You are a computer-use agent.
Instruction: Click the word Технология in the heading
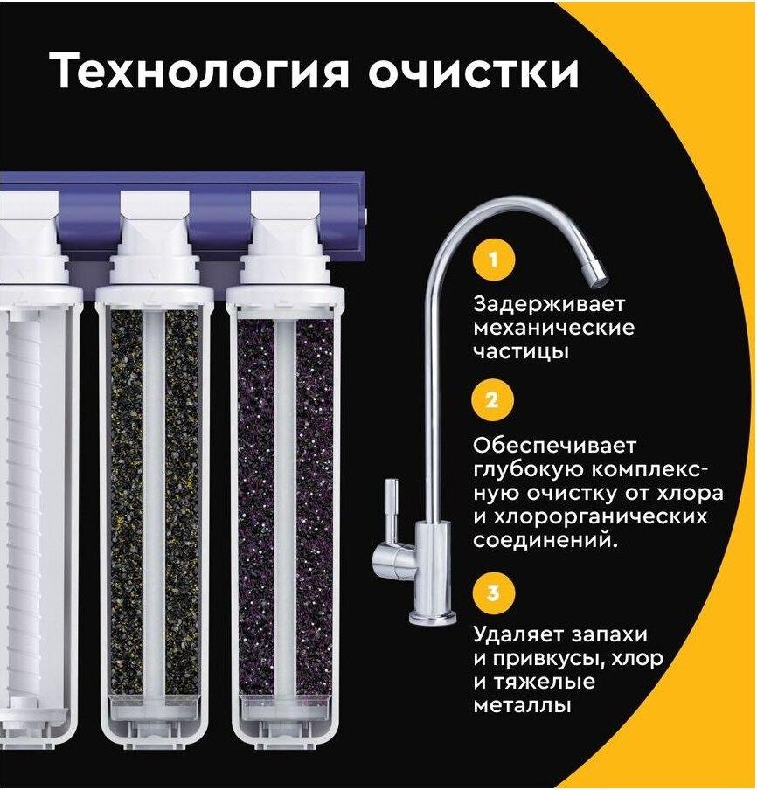(x=200, y=72)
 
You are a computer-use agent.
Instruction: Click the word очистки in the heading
(x=473, y=72)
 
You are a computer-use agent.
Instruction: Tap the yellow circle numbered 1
(x=493, y=260)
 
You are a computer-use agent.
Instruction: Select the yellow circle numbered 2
(x=492, y=400)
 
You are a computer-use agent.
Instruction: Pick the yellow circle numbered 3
(x=493, y=592)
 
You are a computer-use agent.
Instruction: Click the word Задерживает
(x=549, y=305)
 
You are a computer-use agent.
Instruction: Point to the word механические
(x=554, y=328)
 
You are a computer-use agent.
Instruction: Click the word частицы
(x=521, y=352)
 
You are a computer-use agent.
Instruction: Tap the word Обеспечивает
(x=554, y=446)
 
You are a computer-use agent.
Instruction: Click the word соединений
(x=545, y=541)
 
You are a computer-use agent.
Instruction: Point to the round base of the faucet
(x=433, y=616)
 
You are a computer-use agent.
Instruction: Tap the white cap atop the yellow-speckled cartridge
(x=155, y=237)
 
